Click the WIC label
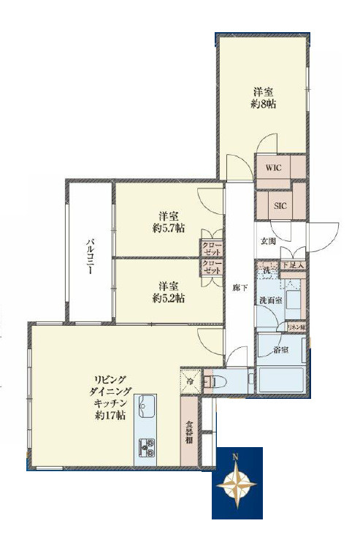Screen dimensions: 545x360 point(273,167)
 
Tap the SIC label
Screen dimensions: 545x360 point(280,206)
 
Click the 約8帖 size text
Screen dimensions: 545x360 point(264,104)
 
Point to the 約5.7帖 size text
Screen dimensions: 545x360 point(169,228)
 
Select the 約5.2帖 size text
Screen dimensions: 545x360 point(169,298)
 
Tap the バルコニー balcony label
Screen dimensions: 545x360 point(90,256)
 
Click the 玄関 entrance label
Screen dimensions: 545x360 point(267,242)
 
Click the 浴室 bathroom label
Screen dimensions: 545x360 point(281,350)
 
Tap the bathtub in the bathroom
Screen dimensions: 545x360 point(280,378)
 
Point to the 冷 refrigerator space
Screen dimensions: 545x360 point(188,380)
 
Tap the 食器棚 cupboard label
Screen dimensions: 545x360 point(188,431)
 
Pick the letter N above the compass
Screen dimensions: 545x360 point(235,457)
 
